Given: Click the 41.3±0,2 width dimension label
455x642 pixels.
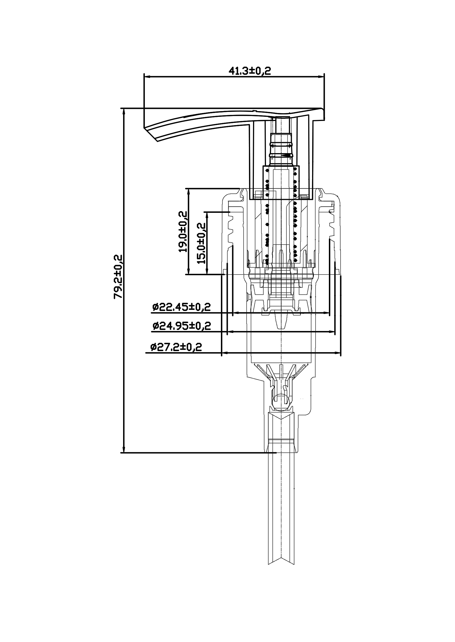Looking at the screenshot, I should click(x=250, y=71).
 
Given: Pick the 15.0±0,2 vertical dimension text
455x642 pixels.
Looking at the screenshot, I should click(x=201, y=243).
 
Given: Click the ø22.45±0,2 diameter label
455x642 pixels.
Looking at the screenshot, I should click(x=181, y=307).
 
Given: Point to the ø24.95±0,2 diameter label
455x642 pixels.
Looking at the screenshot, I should click(x=181, y=326).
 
